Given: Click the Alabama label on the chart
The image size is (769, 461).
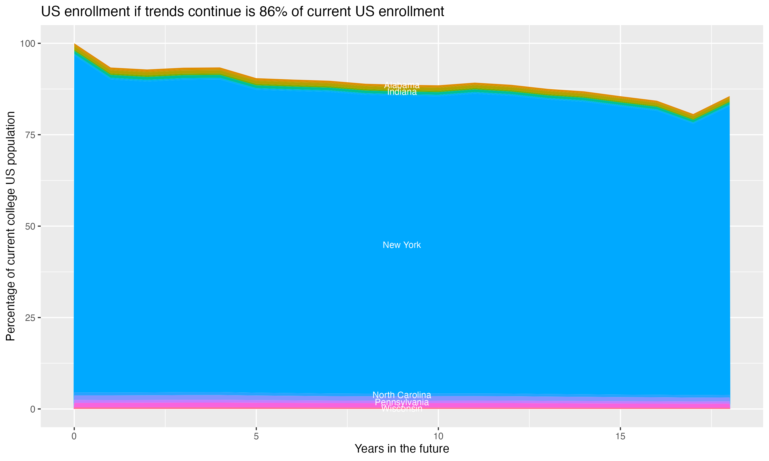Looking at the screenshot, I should click(x=402, y=85).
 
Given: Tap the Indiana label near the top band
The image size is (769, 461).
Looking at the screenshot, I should click(x=402, y=92).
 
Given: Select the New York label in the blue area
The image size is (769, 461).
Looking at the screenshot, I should click(x=402, y=245).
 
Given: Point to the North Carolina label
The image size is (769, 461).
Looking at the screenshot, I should click(x=402, y=395).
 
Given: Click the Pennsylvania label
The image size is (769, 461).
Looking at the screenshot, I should click(x=402, y=402).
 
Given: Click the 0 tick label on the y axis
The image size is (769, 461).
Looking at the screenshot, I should click(x=33, y=409).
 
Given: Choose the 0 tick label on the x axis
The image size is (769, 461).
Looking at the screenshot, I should click(x=74, y=436).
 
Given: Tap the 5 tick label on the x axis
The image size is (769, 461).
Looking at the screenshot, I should click(x=256, y=436).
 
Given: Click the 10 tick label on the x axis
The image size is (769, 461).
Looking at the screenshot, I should click(x=438, y=436).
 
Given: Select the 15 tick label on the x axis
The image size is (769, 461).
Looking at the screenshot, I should click(x=620, y=436).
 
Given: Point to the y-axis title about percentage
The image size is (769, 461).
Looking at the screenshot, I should click(x=11, y=226).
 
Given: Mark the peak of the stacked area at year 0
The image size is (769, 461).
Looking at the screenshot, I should click(x=74, y=44).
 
